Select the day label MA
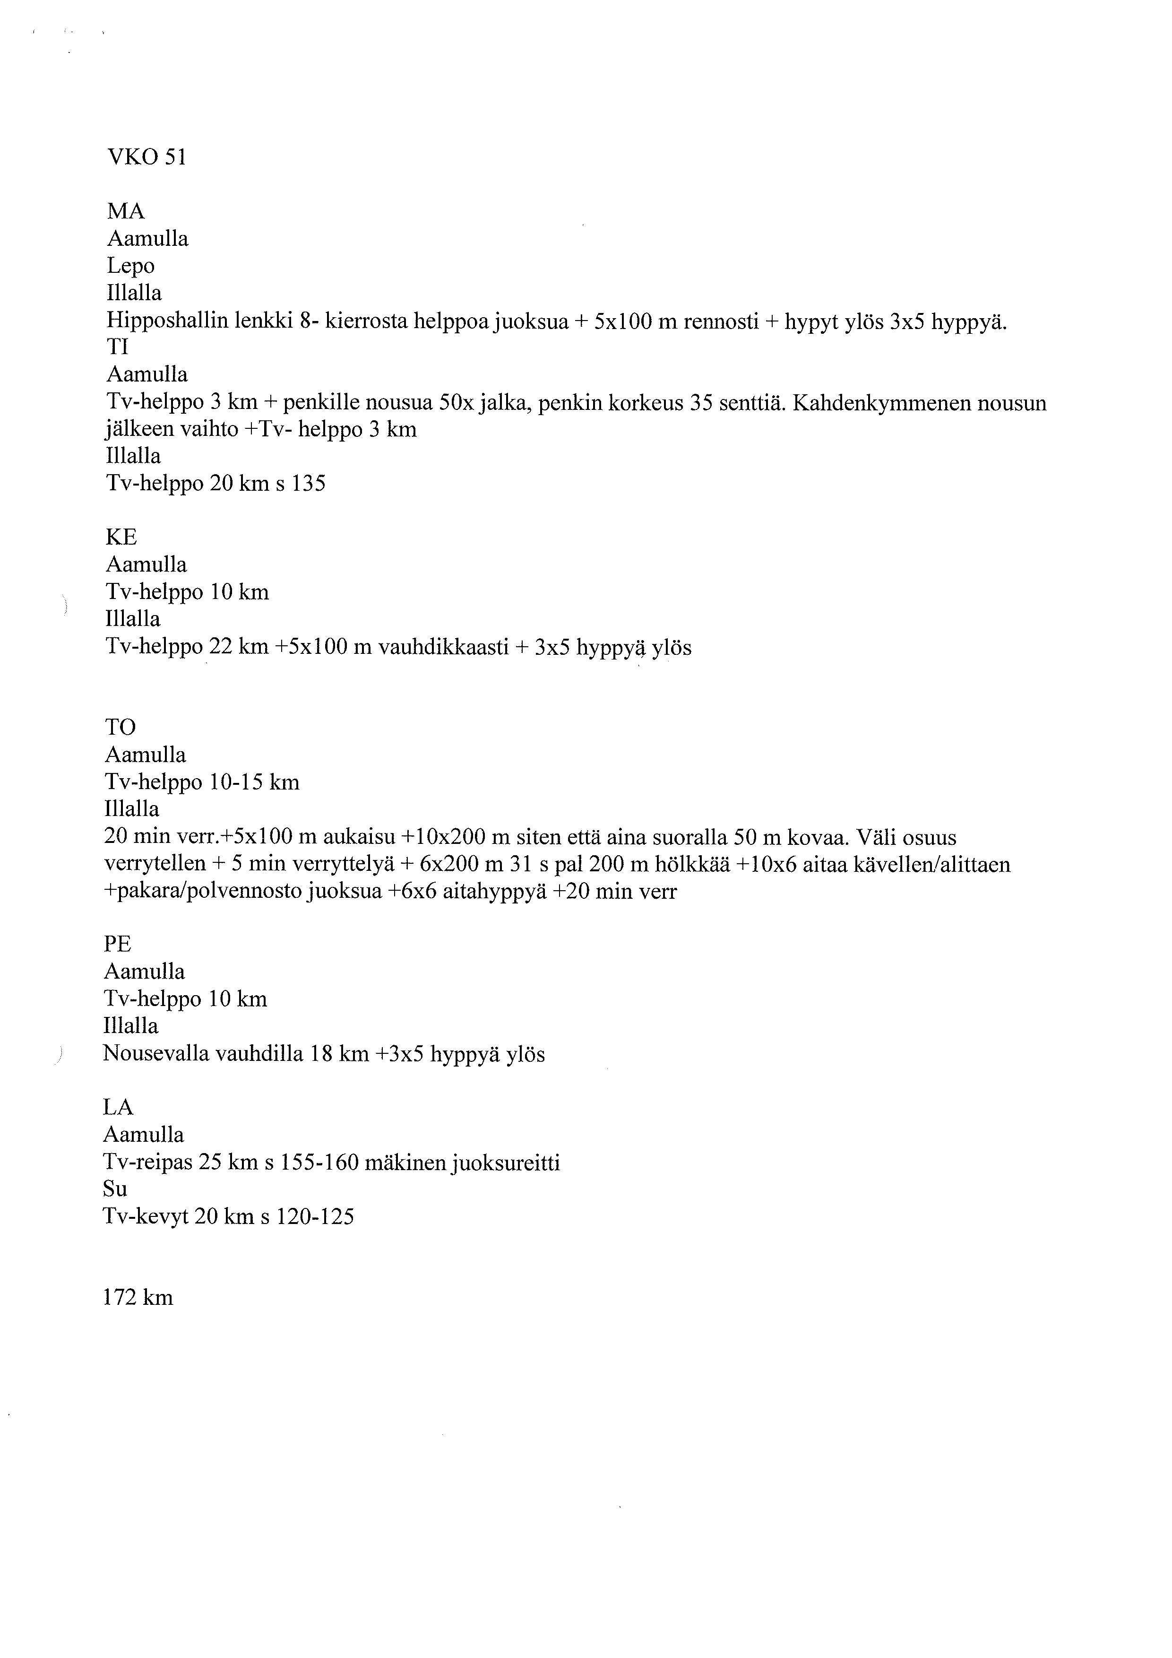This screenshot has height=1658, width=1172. [126, 212]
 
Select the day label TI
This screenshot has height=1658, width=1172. [118, 347]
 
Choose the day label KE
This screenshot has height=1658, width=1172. [121, 537]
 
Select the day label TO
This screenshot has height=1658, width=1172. [121, 727]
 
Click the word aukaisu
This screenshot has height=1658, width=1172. [359, 838]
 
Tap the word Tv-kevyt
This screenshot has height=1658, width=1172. [146, 1217]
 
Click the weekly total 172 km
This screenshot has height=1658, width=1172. [138, 1298]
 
